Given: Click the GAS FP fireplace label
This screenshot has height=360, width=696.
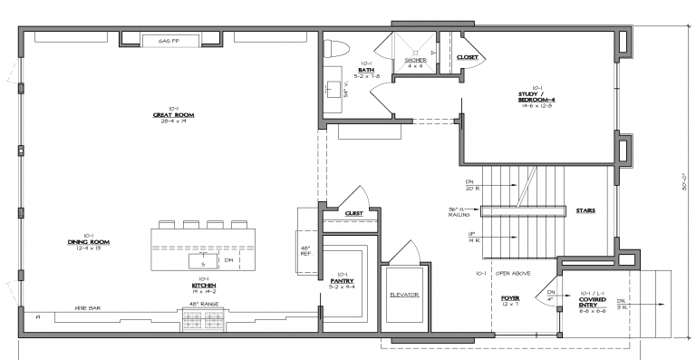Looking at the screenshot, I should tap(166, 41).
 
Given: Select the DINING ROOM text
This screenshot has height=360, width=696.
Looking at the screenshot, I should tap(88, 242).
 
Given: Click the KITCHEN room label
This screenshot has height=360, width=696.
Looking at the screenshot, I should tap(204, 284).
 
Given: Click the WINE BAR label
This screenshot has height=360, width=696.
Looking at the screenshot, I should tap(87, 308).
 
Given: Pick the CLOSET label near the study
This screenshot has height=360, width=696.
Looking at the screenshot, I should tap(468, 57).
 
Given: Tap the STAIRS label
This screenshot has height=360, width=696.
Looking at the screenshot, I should tap(585, 210).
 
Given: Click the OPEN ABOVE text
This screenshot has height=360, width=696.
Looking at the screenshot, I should tap(513, 273).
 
